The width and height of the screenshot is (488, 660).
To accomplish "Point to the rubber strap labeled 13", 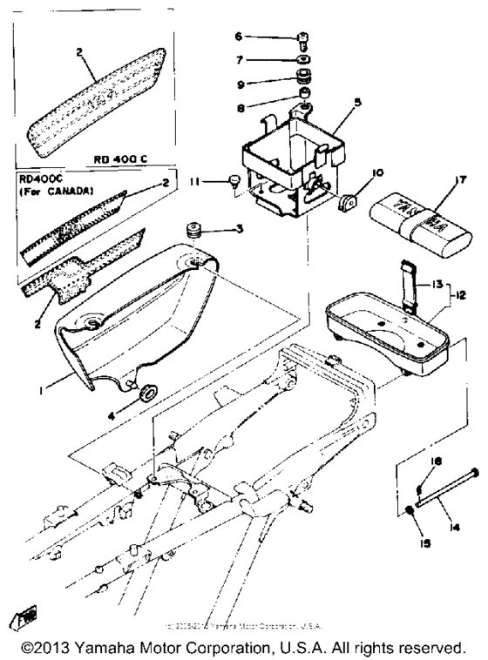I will pos(405,277).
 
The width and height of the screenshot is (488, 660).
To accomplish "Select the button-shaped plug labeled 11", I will pos(234,180).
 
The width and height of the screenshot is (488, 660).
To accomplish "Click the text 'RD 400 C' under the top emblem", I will pos(121,159).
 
